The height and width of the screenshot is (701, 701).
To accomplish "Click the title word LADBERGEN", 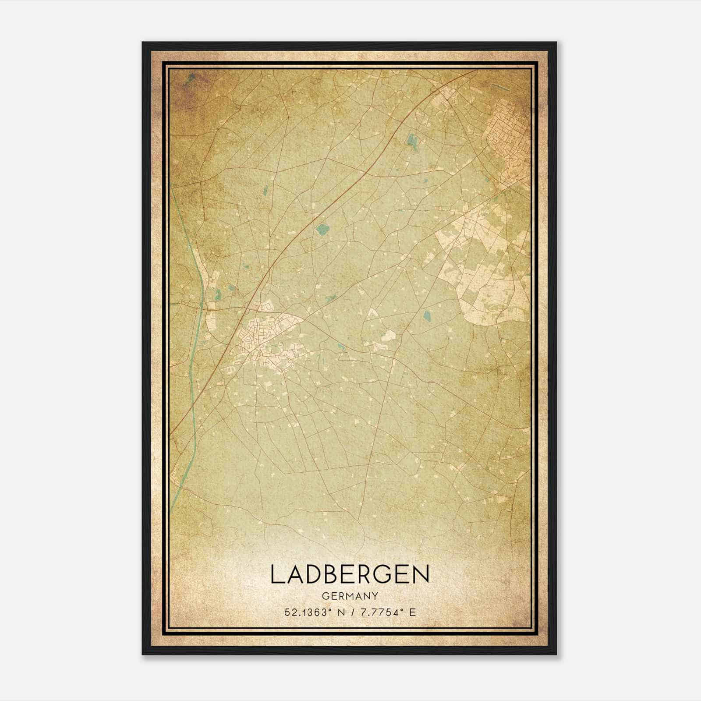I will point(350,574).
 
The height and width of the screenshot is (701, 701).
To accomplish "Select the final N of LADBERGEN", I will point(421,574).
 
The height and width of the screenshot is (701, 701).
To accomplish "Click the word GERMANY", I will point(350,596).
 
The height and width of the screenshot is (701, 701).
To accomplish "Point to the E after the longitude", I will point(412,612).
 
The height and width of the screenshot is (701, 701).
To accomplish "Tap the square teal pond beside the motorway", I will point(322,228).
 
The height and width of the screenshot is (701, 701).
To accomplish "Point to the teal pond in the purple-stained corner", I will point(189,78).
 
